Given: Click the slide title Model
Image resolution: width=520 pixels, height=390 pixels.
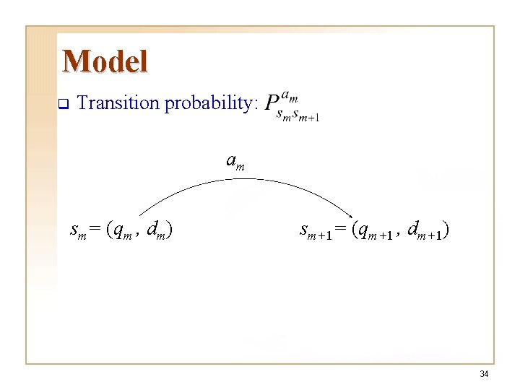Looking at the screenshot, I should point(105,61).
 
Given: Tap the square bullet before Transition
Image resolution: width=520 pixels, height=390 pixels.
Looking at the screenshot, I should point(62,104).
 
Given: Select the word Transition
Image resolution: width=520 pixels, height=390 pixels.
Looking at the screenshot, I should point(118,103).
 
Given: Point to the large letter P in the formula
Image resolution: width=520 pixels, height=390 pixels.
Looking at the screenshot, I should point(272,105).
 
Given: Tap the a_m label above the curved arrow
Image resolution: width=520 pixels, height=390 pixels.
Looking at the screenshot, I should point(235,162).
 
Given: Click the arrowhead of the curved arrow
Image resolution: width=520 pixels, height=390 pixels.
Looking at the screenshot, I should point(350,216).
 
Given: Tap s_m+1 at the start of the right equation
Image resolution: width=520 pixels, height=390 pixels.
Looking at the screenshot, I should point(315,231).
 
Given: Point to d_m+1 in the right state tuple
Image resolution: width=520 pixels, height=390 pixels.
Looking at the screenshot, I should point(425,231).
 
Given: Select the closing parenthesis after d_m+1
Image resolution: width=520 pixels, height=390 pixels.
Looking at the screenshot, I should point(448,230).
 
